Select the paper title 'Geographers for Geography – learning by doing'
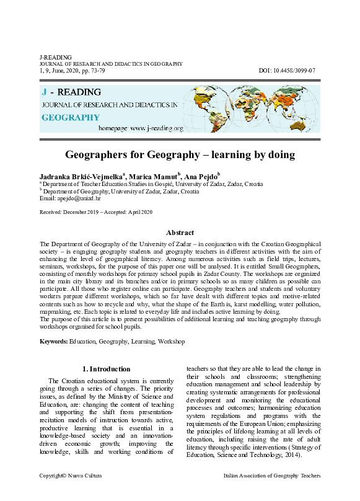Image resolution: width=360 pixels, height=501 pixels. [180, 154]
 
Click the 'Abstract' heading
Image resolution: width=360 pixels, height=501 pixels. [180, 233]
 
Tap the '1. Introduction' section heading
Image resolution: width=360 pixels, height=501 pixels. [107, 369]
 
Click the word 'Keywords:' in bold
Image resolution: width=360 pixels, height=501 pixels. [53, 342]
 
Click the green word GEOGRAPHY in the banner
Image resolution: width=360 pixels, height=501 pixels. [71, 117]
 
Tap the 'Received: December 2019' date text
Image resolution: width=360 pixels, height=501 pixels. [68, 212]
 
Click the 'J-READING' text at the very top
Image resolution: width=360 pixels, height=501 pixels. [55, 57]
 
